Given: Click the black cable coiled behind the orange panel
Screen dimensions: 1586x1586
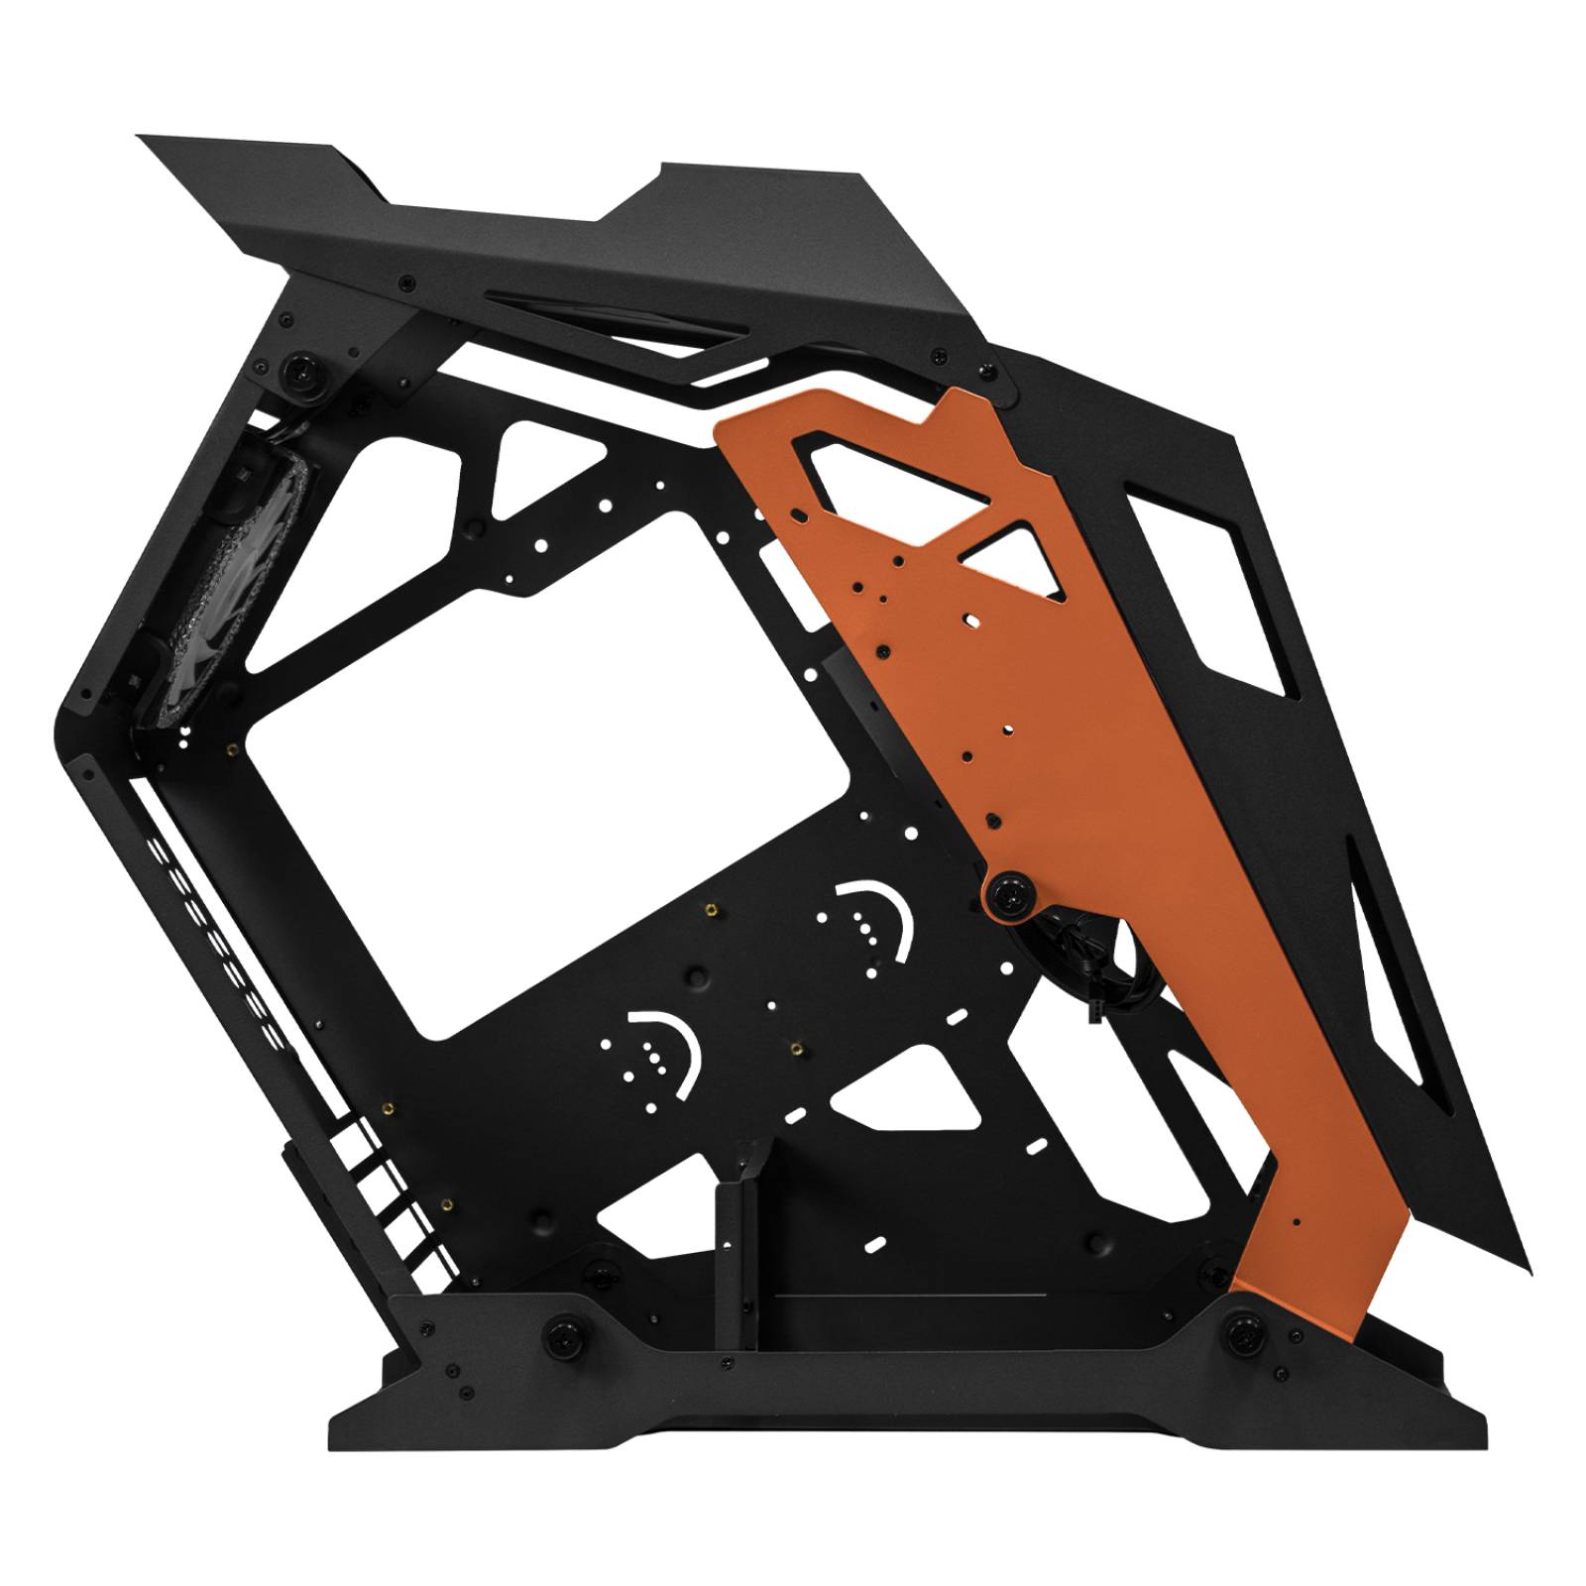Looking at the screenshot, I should click(1095, 952).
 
